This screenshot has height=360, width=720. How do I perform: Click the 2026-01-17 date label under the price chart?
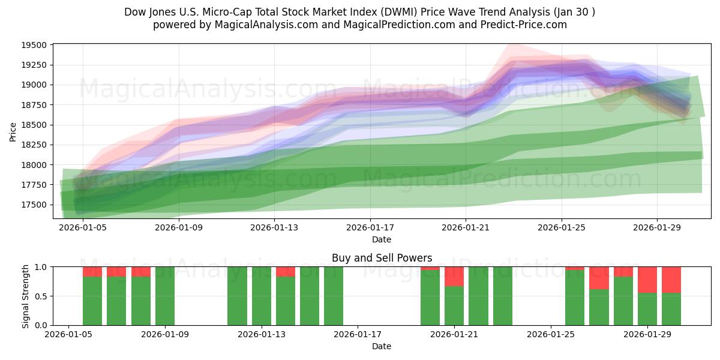(x=370, y=227)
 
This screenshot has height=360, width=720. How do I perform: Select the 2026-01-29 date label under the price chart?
(x=657, y=227)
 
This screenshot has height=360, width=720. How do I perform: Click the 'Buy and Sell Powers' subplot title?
(x=382, y=258)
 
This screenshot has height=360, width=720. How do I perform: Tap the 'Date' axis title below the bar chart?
(x=382, y=346)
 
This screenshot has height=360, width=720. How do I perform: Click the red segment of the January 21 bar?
(x=454, y=277)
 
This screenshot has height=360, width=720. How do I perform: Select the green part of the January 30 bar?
(x=671, y=309)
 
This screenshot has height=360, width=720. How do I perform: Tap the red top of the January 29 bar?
(x=647, y=280)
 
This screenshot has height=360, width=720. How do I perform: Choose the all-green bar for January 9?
(x=165, y=296)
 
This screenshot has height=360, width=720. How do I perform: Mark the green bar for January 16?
(x=334, y=296)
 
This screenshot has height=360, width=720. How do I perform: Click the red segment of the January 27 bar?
(x=599, y=278)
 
